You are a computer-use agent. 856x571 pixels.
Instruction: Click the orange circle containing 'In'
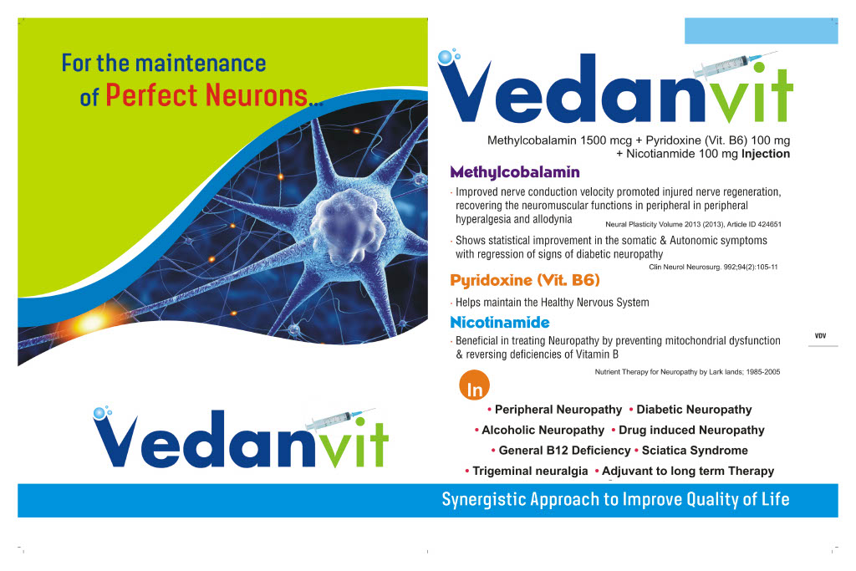point(474,388)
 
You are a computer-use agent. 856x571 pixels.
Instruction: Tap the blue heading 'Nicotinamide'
point(499,322)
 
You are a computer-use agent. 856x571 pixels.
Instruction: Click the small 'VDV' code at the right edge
point(820,335)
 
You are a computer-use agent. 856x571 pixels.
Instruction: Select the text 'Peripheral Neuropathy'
point(558,410)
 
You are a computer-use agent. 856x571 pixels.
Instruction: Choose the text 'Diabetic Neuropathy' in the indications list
point(694,410)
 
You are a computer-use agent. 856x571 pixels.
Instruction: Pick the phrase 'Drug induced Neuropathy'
point(691,430)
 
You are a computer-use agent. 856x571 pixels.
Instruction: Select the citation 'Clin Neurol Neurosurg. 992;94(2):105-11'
point(713,267)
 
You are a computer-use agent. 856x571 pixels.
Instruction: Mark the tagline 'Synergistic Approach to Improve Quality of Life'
point(615,500)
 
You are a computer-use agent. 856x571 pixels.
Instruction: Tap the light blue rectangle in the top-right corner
point(761,30)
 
